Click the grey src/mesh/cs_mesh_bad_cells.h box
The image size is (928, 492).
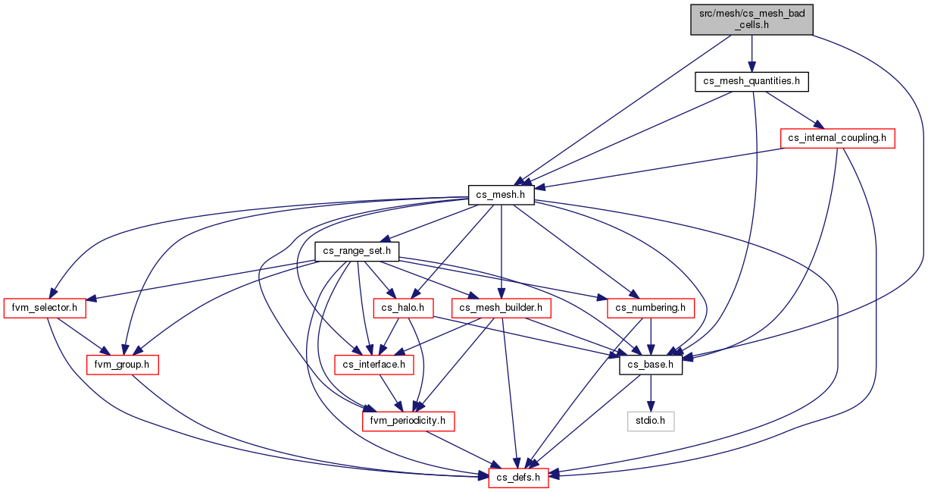751,20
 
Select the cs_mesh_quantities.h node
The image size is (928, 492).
751,82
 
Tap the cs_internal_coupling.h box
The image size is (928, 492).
837,139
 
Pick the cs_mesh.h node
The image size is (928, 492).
501,195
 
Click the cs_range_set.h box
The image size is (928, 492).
357,252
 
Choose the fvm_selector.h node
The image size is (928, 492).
45,309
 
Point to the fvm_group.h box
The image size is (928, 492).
122,365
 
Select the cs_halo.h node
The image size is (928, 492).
403,309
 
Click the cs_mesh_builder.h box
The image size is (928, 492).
501,309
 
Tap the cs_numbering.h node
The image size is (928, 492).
651,309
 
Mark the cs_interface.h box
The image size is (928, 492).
374,365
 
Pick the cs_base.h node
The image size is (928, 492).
651,365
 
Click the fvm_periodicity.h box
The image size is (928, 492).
408,421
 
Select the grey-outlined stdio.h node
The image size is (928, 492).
651,421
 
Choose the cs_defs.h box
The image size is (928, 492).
518,478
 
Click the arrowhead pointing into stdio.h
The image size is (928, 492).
651,406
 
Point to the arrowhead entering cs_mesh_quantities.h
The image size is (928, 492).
751,67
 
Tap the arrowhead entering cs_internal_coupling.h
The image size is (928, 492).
818,124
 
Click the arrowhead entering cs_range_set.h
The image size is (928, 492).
386,239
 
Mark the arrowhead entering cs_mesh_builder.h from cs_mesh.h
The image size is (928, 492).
501,293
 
